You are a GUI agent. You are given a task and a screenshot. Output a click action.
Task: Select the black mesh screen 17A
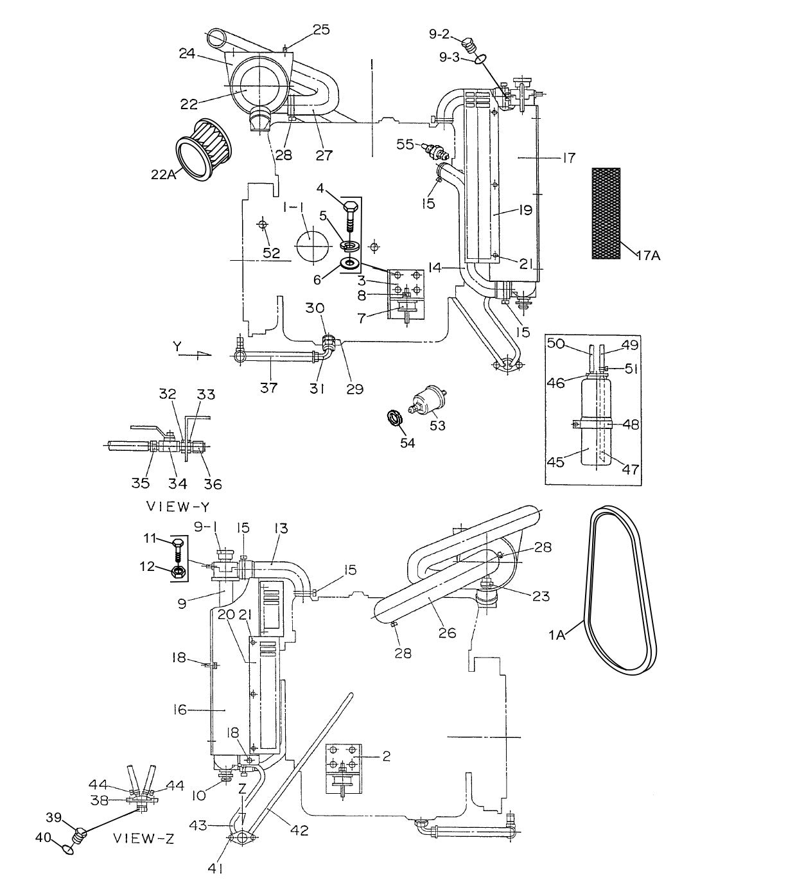[x=606, y=213]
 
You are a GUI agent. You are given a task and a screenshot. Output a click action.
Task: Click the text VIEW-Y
[x=170, y=505]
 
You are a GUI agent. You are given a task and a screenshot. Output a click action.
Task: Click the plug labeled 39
[x=80, y=835]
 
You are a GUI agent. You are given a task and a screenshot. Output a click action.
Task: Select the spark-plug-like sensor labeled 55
[x=435, y=152]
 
